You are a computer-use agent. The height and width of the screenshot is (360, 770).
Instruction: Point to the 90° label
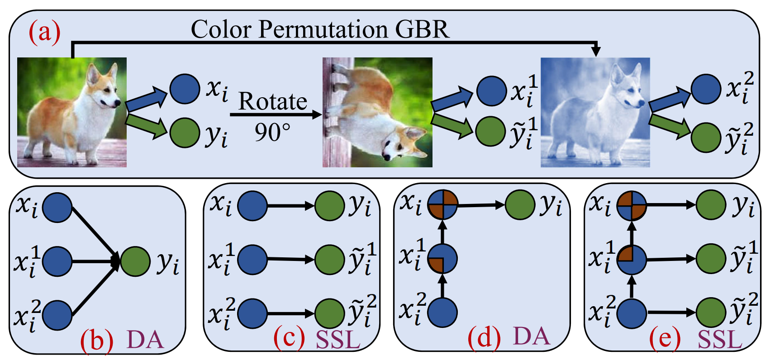(273, 132)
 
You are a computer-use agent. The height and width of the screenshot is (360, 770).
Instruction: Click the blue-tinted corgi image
(595, 112)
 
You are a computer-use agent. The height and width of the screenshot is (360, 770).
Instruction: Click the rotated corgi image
(377, 112)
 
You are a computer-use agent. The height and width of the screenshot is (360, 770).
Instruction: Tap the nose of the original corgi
(117, 102)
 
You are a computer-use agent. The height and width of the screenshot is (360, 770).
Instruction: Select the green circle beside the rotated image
(490, 131)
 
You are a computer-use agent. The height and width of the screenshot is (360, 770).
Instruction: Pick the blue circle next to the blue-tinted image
(706, 89)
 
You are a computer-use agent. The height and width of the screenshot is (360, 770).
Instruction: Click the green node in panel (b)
(135, 261)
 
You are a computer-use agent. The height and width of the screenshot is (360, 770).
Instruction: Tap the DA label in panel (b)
(145, 340)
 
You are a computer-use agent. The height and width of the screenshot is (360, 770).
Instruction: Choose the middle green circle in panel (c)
(330, 260)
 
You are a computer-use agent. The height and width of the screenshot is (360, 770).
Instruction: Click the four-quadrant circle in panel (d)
(442, 205)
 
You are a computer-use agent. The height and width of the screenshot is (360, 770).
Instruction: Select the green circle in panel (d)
(520, 204)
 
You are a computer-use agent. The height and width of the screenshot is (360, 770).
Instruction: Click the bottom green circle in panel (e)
(711, 312)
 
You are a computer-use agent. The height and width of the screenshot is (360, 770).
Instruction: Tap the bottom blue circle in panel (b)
(57, 315)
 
